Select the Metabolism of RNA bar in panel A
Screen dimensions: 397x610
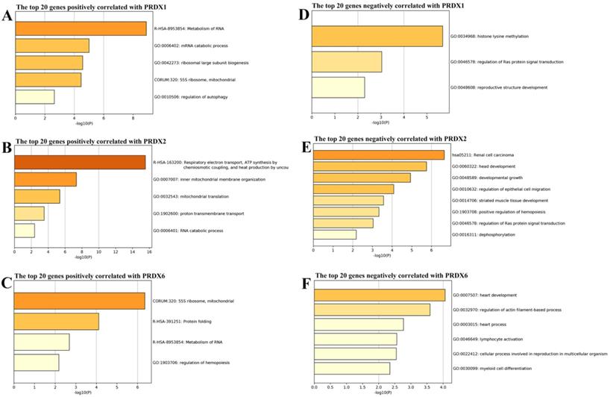click(81, 29)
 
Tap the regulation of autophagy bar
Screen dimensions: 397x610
click(34, 96)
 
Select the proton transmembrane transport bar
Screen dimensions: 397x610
click(29, 213)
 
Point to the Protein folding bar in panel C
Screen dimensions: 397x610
click(57, 322)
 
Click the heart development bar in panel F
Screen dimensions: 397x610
click(380, 296)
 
